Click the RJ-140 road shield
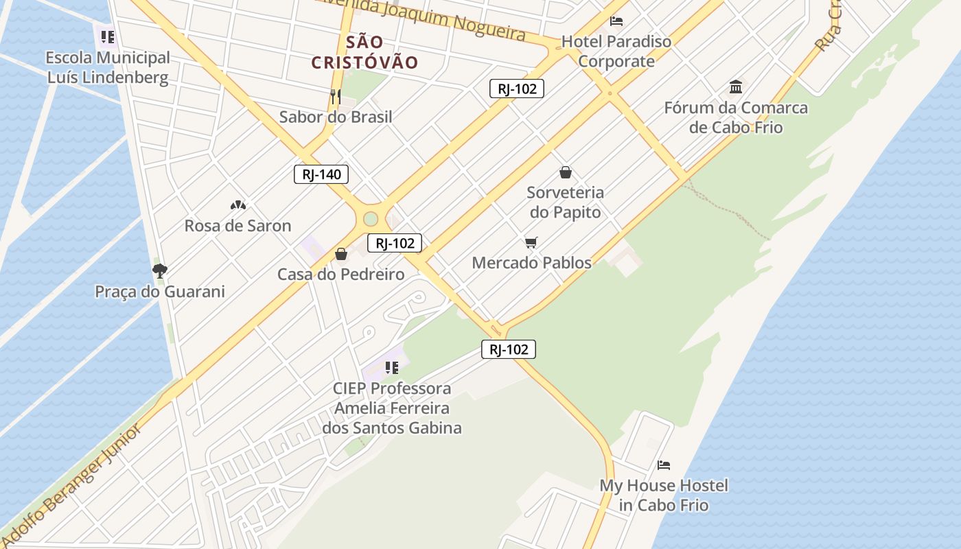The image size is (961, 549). coord(321,174)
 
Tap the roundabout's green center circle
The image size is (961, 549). coord(371,219)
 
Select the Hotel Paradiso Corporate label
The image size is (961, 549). coord(616,51)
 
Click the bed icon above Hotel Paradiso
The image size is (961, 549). coord(616,21)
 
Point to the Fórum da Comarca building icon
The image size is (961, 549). coord(736,87)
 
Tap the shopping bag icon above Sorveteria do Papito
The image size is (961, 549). coord(566,172)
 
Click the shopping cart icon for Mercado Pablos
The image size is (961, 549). coord(531,242)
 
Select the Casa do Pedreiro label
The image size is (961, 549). coord(340,274)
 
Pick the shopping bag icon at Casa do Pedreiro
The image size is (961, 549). coord(341,255)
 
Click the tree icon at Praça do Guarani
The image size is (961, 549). coord(159,271)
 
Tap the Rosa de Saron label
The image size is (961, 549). coord(238,226)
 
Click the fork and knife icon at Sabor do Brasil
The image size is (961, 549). coord(336,97)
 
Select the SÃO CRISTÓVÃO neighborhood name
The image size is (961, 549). coord(364,52)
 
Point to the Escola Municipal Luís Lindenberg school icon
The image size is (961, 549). coord(107,36)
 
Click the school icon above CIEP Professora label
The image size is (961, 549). coord(391,368)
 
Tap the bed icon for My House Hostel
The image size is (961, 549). coord(663,465)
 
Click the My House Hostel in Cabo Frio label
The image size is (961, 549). coord(664,495)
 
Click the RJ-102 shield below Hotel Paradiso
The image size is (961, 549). coord(516,88)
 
